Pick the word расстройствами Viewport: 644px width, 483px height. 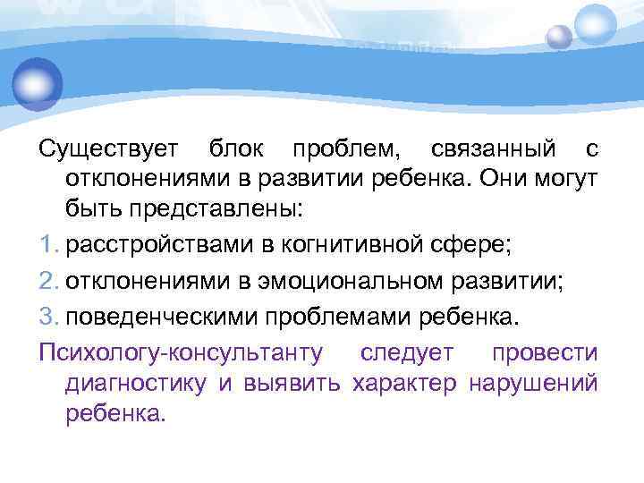click(155, 241)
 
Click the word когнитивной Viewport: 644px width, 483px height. click(350, 241)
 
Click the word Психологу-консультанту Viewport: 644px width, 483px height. click(181, 352)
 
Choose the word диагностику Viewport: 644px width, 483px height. click(136, 383)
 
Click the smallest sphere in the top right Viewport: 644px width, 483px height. click(559, 37)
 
